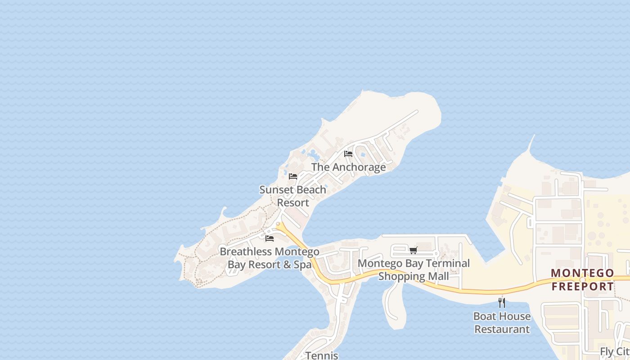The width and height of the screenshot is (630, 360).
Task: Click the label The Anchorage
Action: [x=349, y=167]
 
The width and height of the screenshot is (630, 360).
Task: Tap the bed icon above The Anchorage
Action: [x=348, y=154]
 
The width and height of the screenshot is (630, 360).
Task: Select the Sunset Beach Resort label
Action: [x=293, y=196]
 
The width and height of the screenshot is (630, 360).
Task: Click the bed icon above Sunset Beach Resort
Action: [x=293, y=176]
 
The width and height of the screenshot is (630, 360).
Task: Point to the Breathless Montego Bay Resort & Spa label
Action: [x=270, y=258]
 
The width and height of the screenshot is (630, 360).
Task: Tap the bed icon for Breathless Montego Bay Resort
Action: [x=270, y=238]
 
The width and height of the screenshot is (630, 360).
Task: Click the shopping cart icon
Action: [x=413, y=250]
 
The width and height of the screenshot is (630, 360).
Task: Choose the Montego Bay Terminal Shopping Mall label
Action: [x=414, y=270]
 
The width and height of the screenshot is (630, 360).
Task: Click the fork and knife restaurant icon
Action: [x=502, y=302]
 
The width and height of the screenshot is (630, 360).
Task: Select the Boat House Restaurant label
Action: [x=502, y=323]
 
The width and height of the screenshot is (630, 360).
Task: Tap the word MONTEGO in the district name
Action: [x=582, y=273]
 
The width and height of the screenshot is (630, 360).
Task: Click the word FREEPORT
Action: [x=582, y=286]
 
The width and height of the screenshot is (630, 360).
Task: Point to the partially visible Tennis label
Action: [x=322, y=355]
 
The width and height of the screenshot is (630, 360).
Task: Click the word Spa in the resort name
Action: [x=302, y=264]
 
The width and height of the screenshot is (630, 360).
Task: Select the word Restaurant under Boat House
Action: [x=502, y=329]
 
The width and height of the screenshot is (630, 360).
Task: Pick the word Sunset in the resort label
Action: [x=274, y=189]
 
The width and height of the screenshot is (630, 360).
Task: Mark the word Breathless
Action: [x=246, y=252]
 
